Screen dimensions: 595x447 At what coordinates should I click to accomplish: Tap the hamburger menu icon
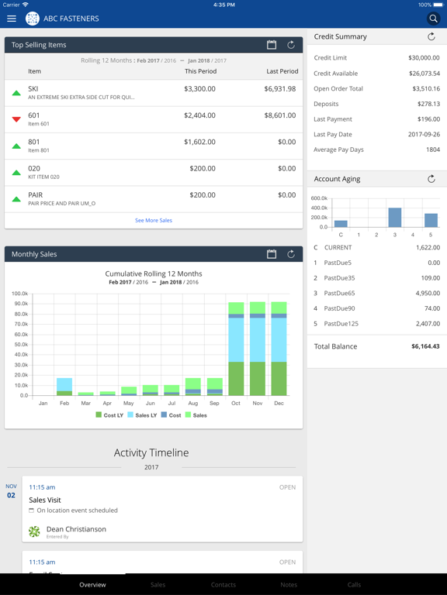(x=12, y=19)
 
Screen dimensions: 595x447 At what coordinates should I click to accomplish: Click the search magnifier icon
(x=433, y=19)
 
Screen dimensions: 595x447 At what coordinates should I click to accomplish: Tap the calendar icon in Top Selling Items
(x=272, y=45)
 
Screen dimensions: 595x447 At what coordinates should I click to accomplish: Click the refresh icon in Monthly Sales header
(x=291, y=254)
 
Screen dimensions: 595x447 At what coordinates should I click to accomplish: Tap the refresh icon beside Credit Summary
(x=431, y=36)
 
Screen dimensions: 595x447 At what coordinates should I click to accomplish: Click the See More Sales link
(x=154, y=221)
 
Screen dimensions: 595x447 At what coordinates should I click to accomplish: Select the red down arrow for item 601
(x=16, y=119)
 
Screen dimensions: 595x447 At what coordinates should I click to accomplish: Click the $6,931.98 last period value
(x=280, y=89)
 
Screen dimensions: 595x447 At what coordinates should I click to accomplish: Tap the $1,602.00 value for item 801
(x=200, y=142)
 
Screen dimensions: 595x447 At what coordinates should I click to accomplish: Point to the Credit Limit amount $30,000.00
(x=424, y=58)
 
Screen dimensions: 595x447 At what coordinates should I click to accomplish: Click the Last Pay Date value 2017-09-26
(x=424, y=134)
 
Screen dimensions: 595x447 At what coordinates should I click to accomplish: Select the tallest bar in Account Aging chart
(x=395, y=217)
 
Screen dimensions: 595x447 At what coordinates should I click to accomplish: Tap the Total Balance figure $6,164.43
(x=425, y=346)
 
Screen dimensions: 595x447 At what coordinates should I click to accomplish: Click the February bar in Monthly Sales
(x=64, y=387)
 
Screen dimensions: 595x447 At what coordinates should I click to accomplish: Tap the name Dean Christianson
(x=76, y=529)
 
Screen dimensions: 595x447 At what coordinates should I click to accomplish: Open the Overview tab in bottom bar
(x=92, y=585)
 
